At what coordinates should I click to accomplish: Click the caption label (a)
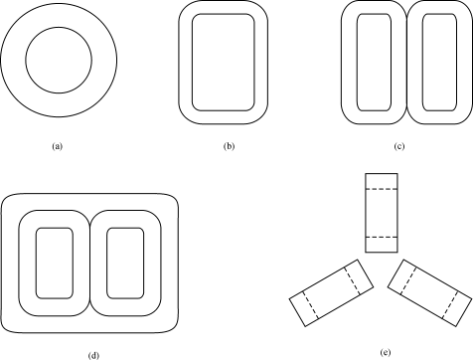[x=57, y=146]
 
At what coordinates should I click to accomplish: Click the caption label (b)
[x=229, y=146]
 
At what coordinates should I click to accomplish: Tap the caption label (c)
[x=399, y=146]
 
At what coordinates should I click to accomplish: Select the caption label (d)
[x=93, y=356]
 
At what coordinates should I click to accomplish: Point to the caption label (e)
[x=386, y=353]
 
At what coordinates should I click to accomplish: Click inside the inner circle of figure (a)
[x=59, y=61]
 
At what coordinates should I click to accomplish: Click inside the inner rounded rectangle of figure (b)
[x=224, y=63]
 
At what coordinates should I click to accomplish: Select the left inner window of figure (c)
[x=374, y=63]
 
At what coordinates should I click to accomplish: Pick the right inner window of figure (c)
[x=439, y=63]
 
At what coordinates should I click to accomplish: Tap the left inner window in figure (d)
[x=55, y=263]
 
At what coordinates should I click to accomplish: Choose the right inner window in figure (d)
[x=125, y=263]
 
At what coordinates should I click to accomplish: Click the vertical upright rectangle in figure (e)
[x=382, y=213]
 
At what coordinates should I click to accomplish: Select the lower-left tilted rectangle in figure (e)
[x=332, y=293]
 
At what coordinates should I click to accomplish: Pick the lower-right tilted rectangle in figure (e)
[x=429, y=293]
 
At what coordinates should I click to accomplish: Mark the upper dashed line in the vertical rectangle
[x=382, y=189]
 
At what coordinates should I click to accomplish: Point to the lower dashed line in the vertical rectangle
[x=382, y=237]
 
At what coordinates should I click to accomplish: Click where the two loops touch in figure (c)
[x=407, y=63]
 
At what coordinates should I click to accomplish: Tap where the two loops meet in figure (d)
[x=89, y=263]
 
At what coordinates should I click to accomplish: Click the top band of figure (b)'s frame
[x=224, y=7]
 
